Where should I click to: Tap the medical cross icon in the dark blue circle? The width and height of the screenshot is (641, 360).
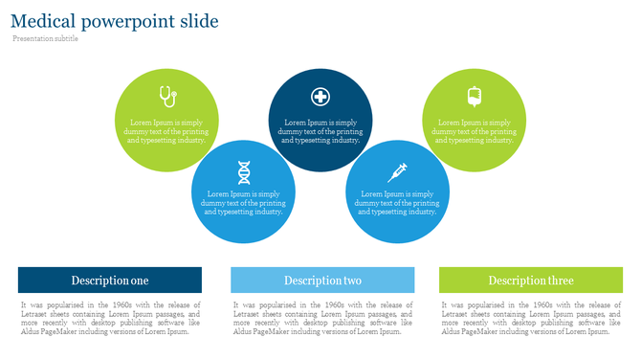click(x=320, y=96)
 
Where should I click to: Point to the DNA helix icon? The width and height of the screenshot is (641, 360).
click(x=244, y=172)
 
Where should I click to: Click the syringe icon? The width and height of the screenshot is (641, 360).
click(x=397, y=172)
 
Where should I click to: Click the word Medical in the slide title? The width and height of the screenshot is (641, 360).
click(x=43, y=21)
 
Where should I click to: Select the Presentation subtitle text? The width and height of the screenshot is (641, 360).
click(x=46, y=38)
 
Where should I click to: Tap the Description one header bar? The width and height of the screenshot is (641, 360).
click(x=110, y=281)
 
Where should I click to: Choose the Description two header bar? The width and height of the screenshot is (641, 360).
click(x=322, y=281)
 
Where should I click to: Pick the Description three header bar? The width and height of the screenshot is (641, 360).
click(x=530, y=281)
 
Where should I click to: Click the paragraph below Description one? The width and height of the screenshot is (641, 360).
click(x=110, y=318)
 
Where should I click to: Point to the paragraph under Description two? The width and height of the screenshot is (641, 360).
click(x=322, y=318)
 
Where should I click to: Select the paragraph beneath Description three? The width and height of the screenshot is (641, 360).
click(x=531, y=318)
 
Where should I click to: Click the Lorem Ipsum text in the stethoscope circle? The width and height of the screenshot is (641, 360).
click(x=166, y=131)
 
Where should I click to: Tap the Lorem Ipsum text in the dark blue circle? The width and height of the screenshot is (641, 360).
click(x=320, y=131)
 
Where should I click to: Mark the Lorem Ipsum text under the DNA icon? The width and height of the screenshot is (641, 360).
click(x=244, y=203)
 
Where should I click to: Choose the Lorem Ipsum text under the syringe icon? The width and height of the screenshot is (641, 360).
click(x=397, y=203)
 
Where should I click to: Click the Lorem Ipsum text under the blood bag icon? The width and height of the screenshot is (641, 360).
click(x=475, y=131)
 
